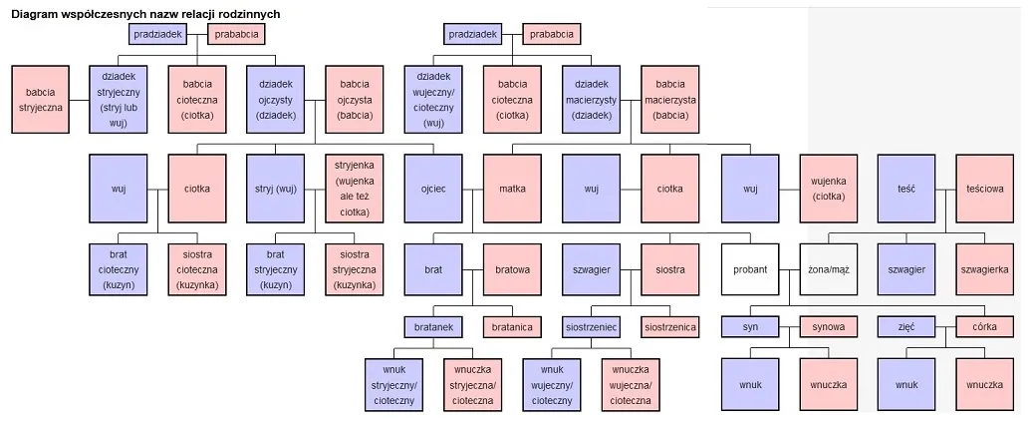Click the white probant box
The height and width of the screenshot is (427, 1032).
[x=750, y=269]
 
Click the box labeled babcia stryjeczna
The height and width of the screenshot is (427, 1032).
[x=40, y=101]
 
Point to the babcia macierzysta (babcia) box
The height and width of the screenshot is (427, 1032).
[x=670, y=100]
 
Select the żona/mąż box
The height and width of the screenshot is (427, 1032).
[x=829, y=269]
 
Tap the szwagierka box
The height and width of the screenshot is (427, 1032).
[x=985, y=269]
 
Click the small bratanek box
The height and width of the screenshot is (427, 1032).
[x=434, y=326]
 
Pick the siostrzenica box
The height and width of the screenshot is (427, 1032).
[x=670, y=326]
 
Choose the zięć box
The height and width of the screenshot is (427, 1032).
[x=905, y=326]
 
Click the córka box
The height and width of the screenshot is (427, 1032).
[x=985, y=326]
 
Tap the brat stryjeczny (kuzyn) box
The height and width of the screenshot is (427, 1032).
[x=276, y=269]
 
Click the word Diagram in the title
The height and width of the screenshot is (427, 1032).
[x=39, y=15]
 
